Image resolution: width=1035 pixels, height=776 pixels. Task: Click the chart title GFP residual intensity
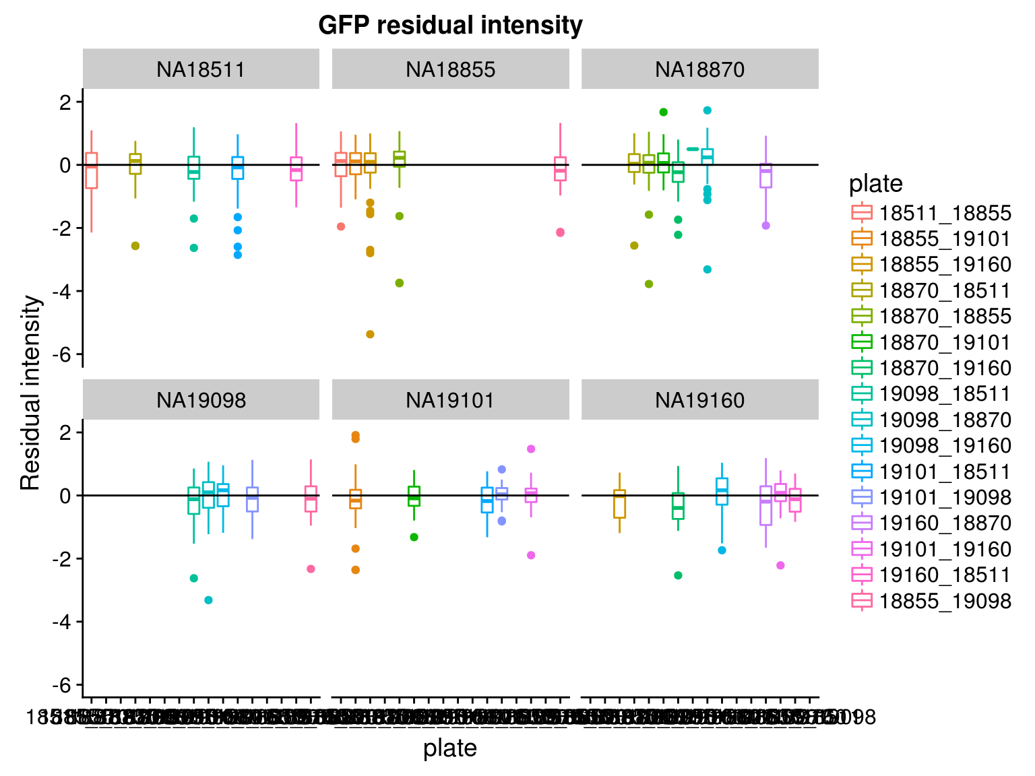click(450, 26)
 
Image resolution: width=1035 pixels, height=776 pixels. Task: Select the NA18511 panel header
click(201, 69)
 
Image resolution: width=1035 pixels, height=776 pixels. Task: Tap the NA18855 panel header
click(450, 69)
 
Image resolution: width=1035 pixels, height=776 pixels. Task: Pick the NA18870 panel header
click(699, 69)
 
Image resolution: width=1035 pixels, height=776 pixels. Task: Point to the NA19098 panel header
click(201, 400)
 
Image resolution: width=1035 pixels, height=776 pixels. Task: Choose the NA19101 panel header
click(450, 400)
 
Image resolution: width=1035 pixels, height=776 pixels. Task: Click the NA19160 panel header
click(699, 400)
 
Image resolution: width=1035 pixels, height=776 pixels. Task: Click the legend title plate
click(876, 183)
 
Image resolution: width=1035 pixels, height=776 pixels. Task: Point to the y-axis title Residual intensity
click(31, 393)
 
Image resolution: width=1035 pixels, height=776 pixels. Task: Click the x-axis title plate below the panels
click(450, 748)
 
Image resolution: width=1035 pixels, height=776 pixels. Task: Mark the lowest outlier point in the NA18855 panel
click(370, 334)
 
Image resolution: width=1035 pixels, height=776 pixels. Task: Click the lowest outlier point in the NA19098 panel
click(209, 600)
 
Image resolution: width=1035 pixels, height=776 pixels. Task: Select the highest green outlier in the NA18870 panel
click(663, 112)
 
